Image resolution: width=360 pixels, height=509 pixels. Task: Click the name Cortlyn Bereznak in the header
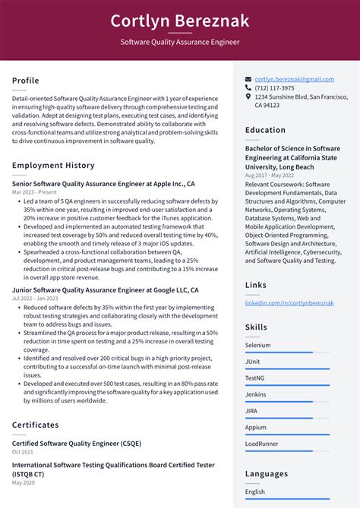pos(179,21)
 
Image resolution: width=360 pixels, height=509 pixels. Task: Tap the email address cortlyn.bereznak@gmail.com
pos(294,79)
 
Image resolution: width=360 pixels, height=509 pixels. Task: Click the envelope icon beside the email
pos(248,79)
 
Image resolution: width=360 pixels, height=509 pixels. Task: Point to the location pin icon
pos(248,97)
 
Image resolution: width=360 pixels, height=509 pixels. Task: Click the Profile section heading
pos(26,81)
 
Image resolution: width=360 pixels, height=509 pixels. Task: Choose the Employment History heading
pos(53,165)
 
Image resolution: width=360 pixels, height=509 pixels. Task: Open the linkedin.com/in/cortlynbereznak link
pos(289,302)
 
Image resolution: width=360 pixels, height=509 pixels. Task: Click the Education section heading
pos(265,130)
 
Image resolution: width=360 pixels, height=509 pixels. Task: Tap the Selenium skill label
pos(257,345)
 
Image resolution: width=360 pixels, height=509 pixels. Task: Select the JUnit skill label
pos(253,362)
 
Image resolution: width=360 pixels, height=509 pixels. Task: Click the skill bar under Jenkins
pos(287,402)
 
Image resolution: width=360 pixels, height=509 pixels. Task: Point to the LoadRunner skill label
pos(261,444)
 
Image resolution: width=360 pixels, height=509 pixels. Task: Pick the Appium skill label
pos(255,427)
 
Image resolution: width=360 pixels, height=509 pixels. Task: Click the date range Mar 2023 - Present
pos(34,192)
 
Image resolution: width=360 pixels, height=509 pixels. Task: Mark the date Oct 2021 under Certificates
pos(23,452)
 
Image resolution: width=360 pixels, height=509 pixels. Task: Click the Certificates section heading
pos(35,425)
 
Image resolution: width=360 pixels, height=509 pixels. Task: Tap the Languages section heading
pos(266,473)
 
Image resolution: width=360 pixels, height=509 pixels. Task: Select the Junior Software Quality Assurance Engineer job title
pos(106,290)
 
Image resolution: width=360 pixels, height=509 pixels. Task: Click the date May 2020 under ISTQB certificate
pos(24,482)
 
